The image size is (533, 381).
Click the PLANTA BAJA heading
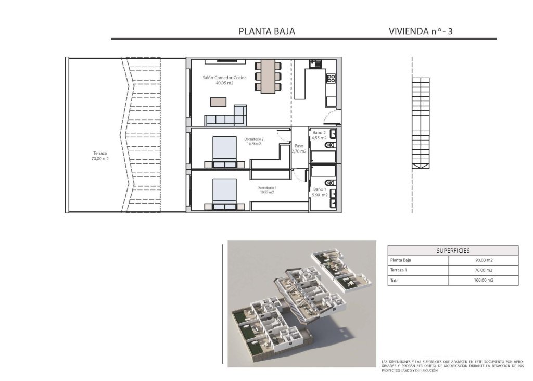[266, 31]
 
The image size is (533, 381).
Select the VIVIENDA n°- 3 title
[421, 31]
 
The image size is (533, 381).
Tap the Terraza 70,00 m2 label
[100, 156]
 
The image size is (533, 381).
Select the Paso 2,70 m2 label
[299, 148]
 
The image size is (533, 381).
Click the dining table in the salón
[268, 77]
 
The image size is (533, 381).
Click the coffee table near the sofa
[218, 101]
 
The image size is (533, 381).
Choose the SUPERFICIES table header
[453, 251]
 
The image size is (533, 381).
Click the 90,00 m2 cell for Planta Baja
[484, 260]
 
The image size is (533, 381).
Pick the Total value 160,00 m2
[484, 280]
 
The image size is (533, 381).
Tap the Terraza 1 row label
[399, 270]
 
